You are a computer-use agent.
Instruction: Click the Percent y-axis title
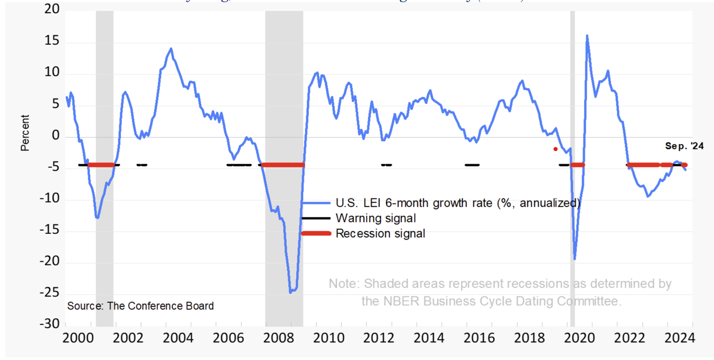(x=25, y=133)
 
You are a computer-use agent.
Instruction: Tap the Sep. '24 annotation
(x=684, y=146)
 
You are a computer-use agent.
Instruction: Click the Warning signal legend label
(x=376, y=218)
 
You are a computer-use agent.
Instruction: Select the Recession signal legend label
(x=380, y=233)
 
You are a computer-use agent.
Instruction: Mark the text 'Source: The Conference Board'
(x=140, y=306)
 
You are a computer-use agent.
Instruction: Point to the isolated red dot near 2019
(x=555, y=149)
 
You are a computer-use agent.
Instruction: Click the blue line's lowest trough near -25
(x=290, y=292)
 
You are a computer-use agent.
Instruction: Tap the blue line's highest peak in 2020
(x=587, y=36)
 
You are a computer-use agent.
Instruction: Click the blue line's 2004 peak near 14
(x=171, y=49)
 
